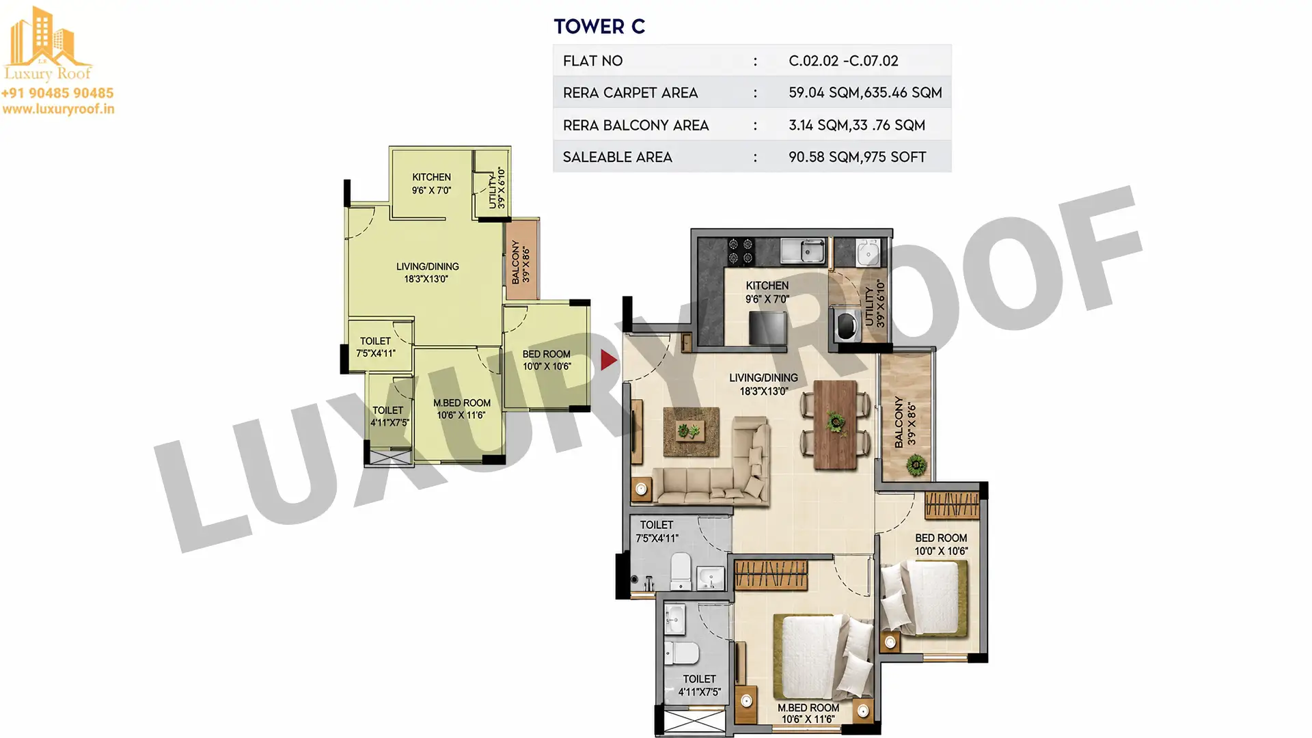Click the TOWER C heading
tap(599, 27)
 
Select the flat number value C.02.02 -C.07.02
tap(843, 61)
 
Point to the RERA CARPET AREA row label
tap(630, 93)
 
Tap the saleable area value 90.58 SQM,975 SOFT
tap(857, 157)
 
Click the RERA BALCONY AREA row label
tap(635, 125)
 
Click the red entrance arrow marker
tap(609, 360)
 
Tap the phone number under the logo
tap(57, 93)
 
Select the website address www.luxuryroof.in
tap(58, 109)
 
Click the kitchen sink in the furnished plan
tap(804, 250)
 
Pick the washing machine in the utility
tap(847, 324)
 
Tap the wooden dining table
tap(835, 425)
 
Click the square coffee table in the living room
tap(691, 431)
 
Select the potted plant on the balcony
tap(916, 466)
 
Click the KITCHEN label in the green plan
tap(431, 177)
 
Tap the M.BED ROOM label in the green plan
tap(462, 403)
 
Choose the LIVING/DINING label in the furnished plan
tap(763, 378)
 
